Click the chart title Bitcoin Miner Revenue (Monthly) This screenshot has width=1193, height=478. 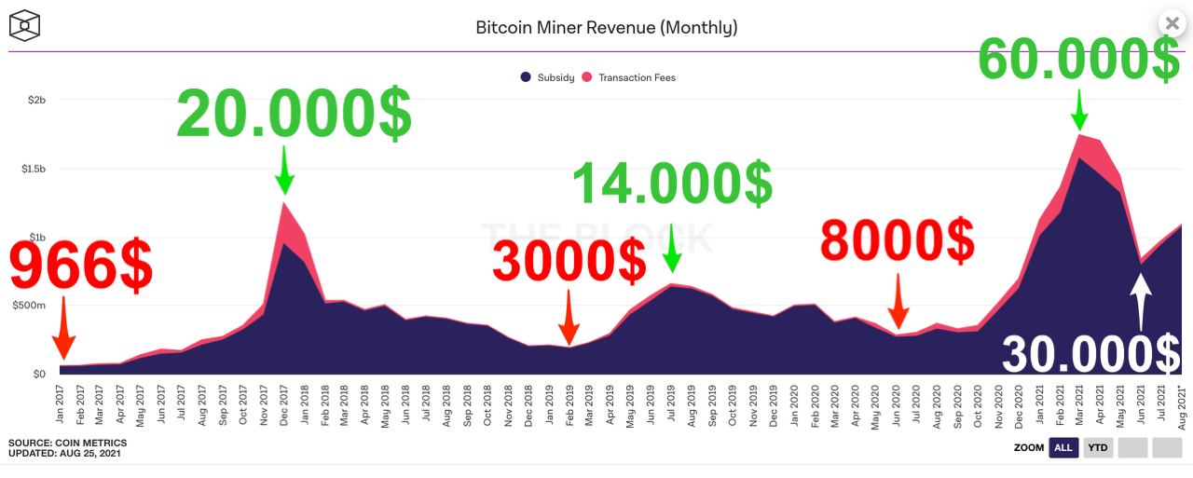[606, 27]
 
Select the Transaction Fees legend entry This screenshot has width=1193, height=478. [629, 77]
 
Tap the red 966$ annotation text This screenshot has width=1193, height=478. [80, 267]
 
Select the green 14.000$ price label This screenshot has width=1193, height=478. [671, 183]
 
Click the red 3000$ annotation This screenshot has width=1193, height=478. [569, 261]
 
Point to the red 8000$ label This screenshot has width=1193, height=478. [897, 240]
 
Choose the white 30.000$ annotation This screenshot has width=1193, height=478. [1090, 355]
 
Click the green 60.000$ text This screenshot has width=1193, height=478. [1078, 59]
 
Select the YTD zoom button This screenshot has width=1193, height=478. [1099, 448]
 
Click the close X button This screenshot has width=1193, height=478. [1172, 23]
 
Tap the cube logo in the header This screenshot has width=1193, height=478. [26, 25]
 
